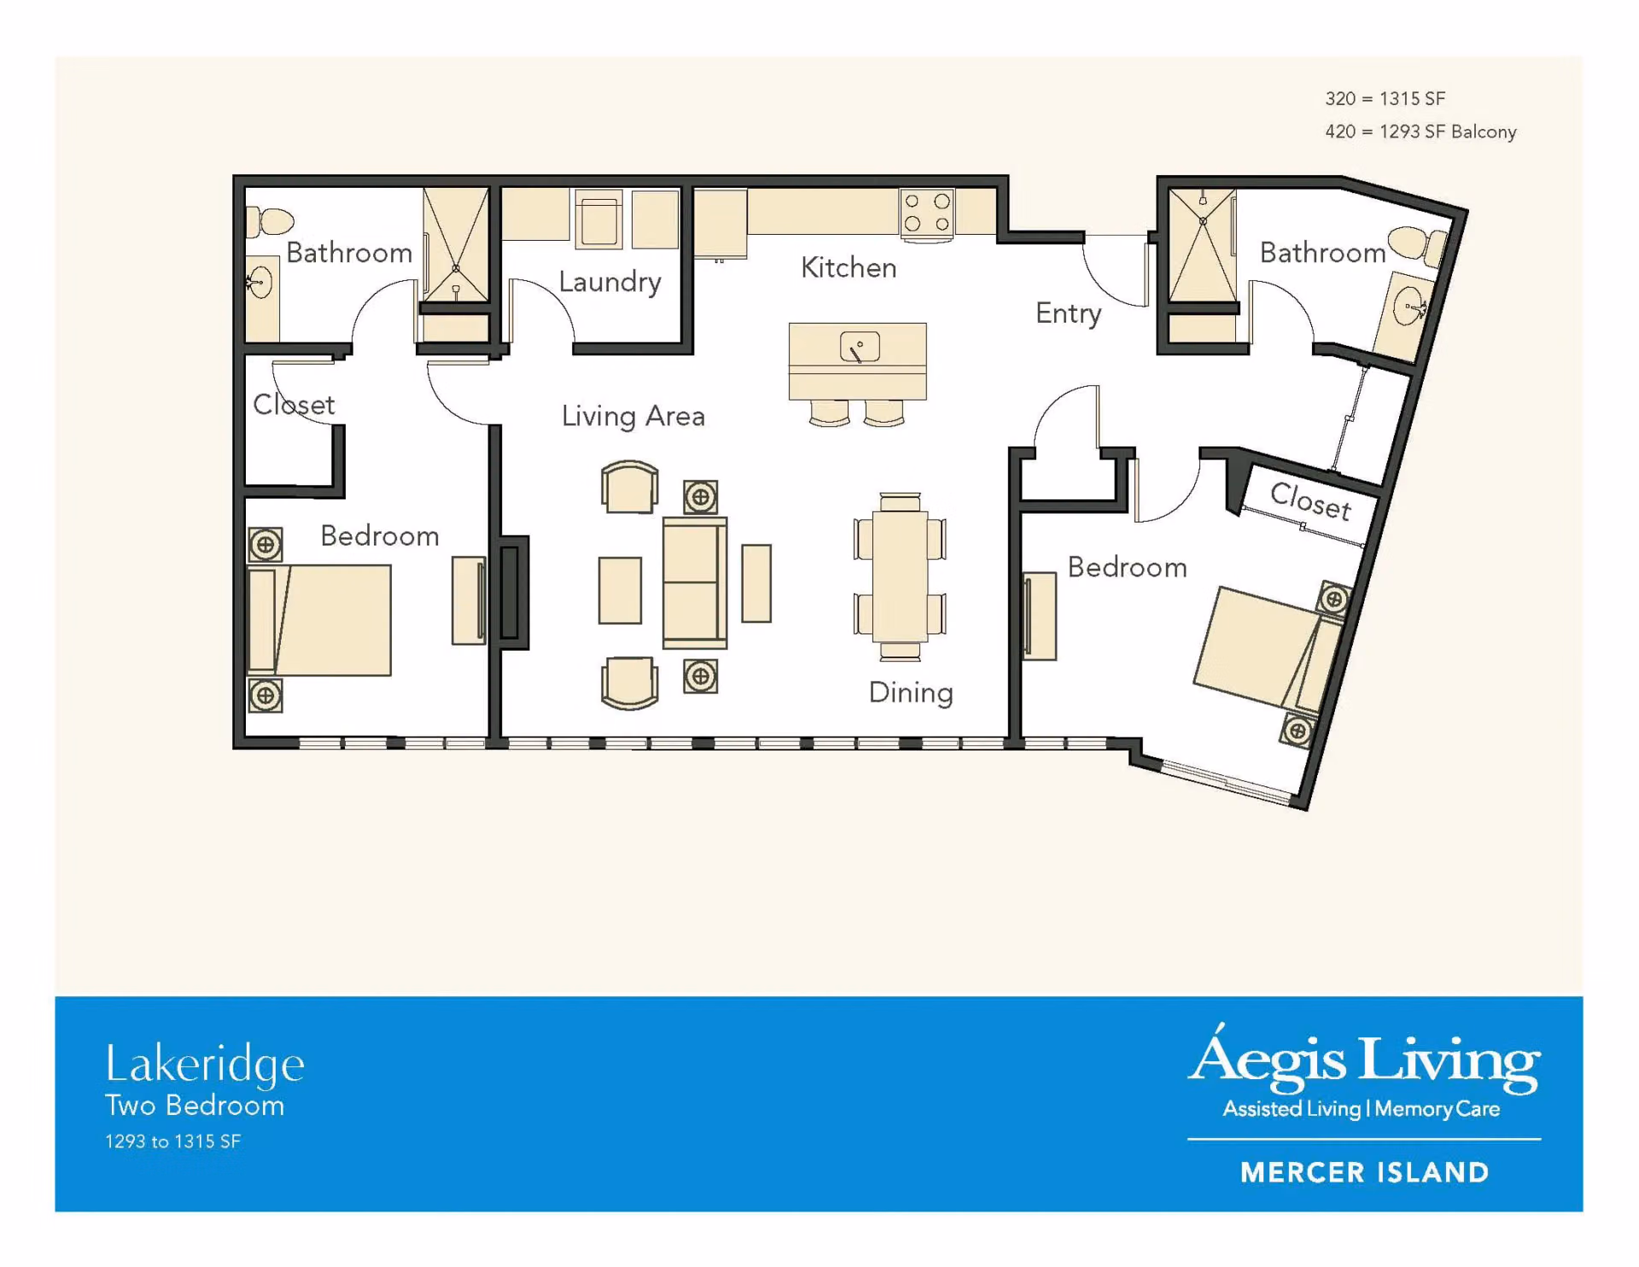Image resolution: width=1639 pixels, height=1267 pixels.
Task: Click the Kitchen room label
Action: click(849, 268)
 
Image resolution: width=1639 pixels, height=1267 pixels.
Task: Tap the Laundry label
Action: click(610, 282)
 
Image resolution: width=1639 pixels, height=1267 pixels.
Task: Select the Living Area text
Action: click(633, 416)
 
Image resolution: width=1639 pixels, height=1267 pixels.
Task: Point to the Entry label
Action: click(1068, 313)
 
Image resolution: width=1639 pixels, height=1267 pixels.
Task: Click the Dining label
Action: click(911, 692)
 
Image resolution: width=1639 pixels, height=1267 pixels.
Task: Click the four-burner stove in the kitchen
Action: click(927, 213)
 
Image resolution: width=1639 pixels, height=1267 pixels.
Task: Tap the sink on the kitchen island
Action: click(860, 347)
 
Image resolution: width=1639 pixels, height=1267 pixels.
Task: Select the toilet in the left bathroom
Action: click(270, 221)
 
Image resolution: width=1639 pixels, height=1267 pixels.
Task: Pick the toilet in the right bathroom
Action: click(1417, 244)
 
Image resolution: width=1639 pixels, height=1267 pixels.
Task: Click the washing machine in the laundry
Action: click(598, 219)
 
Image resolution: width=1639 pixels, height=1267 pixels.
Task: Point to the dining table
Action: click(900, 575)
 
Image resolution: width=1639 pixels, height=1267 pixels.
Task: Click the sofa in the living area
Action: click(695, 583)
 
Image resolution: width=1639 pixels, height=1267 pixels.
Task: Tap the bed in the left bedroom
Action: click(319, 620)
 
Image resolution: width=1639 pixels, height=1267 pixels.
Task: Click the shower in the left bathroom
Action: click(456, 244)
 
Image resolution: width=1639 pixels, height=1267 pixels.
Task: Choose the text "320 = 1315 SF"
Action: click(1385, 99)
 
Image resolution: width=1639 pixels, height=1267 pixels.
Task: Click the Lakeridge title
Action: click(205, 1065)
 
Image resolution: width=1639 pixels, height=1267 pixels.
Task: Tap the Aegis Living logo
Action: click(1364, 1072)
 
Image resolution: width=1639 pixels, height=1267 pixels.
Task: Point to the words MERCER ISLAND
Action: click(1364, 1172)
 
